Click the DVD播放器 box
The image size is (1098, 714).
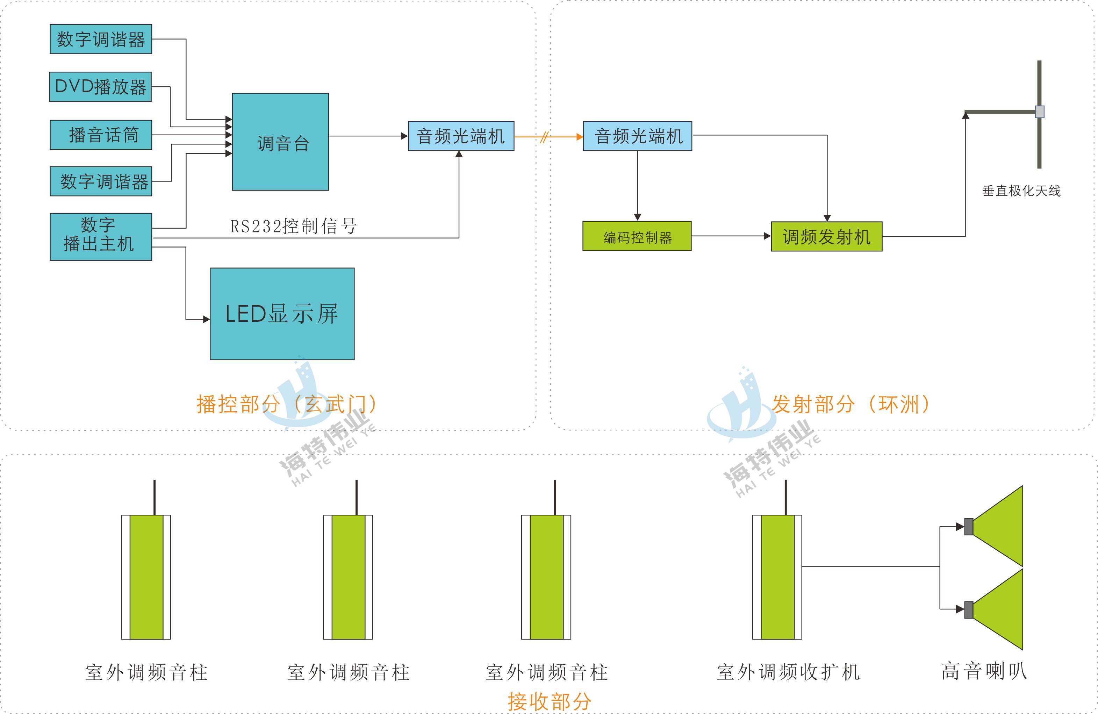(101, 86)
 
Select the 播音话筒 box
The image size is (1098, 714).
(101, 135)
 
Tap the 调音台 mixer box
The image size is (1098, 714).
(280, 142)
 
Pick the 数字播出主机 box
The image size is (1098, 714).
(101, 236)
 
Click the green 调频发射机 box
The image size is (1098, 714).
(826, 236)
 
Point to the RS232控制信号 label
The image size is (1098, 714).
(293, 226)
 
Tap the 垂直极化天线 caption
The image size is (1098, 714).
(1021, 191)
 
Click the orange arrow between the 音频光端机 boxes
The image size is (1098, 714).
(548, 137)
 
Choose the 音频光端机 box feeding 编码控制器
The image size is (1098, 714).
(637, 136)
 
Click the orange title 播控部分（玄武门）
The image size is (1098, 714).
(286, 404)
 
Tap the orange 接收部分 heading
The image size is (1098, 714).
(549, 701)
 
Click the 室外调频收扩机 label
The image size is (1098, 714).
(788, 672)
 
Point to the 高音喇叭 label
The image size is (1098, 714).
(984, 671)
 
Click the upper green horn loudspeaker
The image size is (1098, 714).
(999, 526)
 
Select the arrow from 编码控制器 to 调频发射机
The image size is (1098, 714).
(731, 236)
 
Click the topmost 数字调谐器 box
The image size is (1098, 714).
(101, 39)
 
